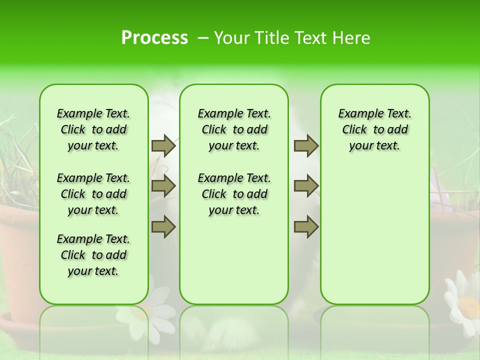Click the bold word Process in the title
point(154,37)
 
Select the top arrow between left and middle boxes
point(163,145)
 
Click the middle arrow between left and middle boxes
point(163,186)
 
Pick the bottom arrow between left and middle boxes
point(163,226)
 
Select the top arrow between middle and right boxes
point(306,145)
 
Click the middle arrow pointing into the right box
point(306,186)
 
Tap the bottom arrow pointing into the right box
point(306,226)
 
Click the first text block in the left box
point(93,129)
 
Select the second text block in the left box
point(93,194)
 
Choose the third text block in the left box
point(93,255)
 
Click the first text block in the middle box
point(234,129)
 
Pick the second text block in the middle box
point(234,194)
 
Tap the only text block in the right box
point(374,129)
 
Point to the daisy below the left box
point(150,312)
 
